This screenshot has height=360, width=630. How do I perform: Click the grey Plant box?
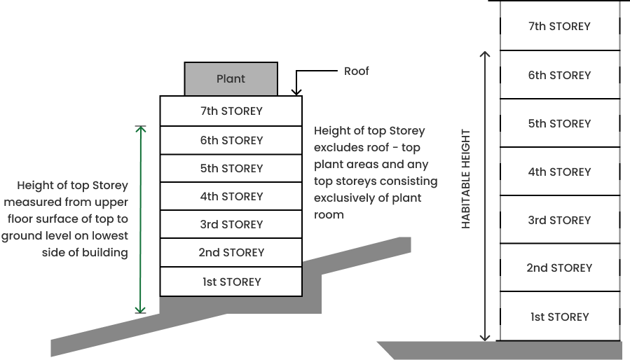pyautogui.click(x=231, y=78)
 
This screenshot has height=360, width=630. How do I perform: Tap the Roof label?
pyautogui.click(x=356, y=71)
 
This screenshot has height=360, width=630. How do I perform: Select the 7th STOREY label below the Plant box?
pyautogui.click(x=231, y=111)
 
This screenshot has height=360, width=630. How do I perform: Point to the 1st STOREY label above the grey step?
pyautogui.click(x=231, y=282)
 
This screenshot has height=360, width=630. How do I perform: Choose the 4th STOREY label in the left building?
pyautogui.click(x=231, y=196)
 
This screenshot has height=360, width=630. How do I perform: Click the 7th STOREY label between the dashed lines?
pyautogui.click(x=559, y=27)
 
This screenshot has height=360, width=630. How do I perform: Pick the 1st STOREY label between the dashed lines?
pyautogui.click(x=559, y=317)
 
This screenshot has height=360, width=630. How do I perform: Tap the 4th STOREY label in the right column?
pyautogui.click(x=559, y=172)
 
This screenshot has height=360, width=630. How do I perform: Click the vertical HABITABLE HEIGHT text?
pyautogui.click(x=466, y=179)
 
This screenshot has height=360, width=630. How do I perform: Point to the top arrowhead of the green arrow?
pyautogui.click(x=140, y=130)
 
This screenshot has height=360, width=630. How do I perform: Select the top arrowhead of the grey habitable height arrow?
pyautogui.click(x=484, y=54)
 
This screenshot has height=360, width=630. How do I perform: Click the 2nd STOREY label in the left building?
pyautogui.click(x=231, y=252)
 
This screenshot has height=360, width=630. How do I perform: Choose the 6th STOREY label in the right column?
pyautogui.click(x=559, y=75)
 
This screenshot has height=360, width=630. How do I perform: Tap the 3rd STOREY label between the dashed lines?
pyautogui.click(x=559, y=220)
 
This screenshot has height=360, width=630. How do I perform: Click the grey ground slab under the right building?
pyautogui.click(x=505, y=350)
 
